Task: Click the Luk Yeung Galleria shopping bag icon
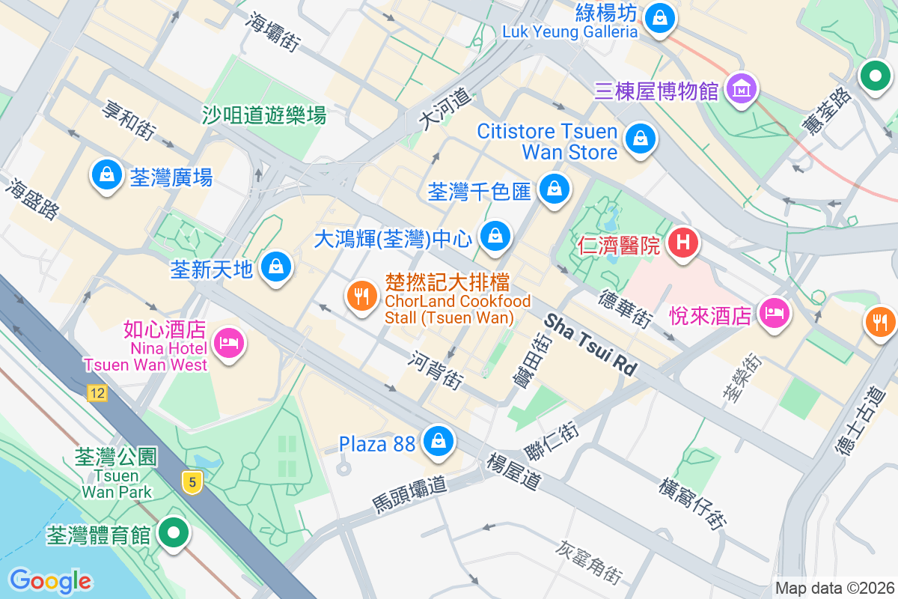point(659,15)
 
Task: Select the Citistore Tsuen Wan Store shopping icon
point(641,139)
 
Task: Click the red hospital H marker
point(682,243)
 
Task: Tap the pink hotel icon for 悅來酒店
point(775,312)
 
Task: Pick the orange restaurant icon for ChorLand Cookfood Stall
point(363,296)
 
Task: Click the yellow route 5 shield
point(193,483)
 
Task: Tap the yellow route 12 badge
point(97,393)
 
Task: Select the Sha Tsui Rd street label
point(590,344)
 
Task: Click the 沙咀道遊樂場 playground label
point(264,115)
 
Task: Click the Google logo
point(50,581)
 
